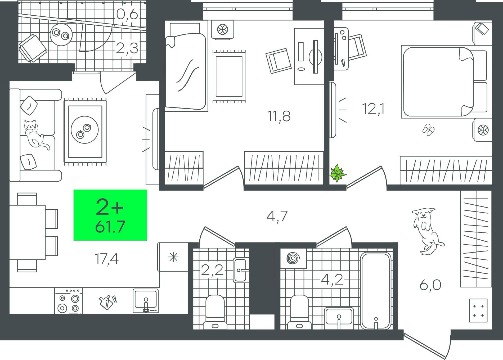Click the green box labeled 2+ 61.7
pyautogui.click(x=110, y=215)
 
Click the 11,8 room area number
pyautogui.click(x=279, y=116)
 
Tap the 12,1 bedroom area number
pyautogui.click(x=374, y=109)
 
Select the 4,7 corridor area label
pyautogui.click(x=277, y=217)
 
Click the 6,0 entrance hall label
pyautogui.click(x=430, y=285)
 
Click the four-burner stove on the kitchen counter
pyautogui.click(x=68, y=301)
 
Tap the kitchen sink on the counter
pyautogui.click(x=146, y=301)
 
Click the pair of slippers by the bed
pyautogui.click(x=428, y=130)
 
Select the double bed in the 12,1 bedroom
pyautogui.click(x=444, y=82)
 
